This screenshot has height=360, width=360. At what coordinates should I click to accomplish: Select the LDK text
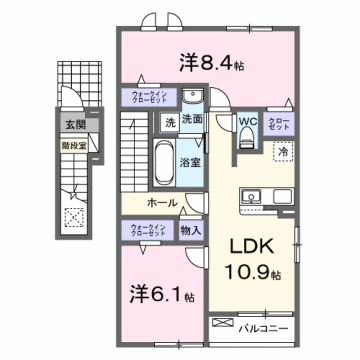261,246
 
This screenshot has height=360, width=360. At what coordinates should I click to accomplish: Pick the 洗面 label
194,120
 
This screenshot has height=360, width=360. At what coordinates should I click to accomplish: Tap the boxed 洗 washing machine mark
170,121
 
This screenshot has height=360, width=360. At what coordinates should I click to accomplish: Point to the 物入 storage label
192,229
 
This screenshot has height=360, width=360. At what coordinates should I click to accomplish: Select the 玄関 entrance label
75,125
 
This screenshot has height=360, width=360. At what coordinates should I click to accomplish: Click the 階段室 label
73,142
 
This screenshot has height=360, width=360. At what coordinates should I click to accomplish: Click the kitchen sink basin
251,193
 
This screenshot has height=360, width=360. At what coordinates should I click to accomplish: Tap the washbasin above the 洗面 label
197,98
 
